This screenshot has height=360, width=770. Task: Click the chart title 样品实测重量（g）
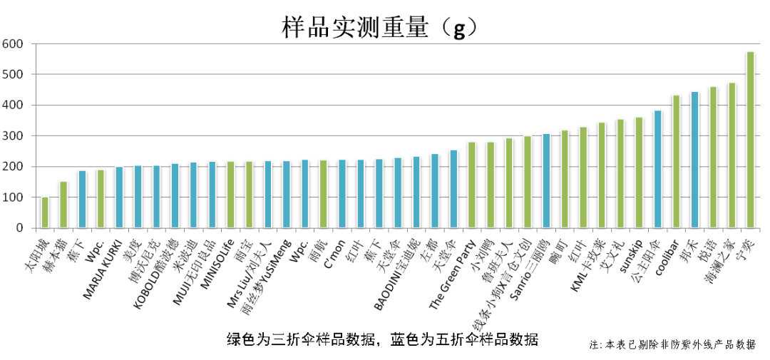point(378,26)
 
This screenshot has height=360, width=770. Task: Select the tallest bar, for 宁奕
point(750,140)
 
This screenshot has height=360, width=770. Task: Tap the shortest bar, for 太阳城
point(45,212)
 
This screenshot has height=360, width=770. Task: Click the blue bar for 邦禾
point(694,160)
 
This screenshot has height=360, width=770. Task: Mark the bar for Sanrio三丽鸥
point(546,181)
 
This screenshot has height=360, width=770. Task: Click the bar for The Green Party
point(472,185)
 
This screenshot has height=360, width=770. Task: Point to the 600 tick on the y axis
point(15,44)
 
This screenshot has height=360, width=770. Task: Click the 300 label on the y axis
point(15,136)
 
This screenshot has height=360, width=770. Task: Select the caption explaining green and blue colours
point(382,339)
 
